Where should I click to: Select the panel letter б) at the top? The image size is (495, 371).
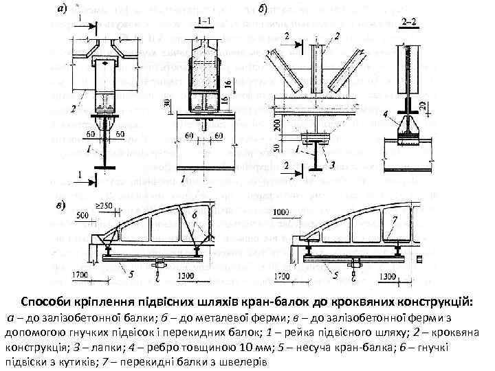pyautogui.click(x=263, y=9)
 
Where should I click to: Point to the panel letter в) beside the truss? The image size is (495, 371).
pyautogui.click(x=61, y=203)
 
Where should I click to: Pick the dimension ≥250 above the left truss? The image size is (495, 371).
pyautogui.click(x=105, y=206)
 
